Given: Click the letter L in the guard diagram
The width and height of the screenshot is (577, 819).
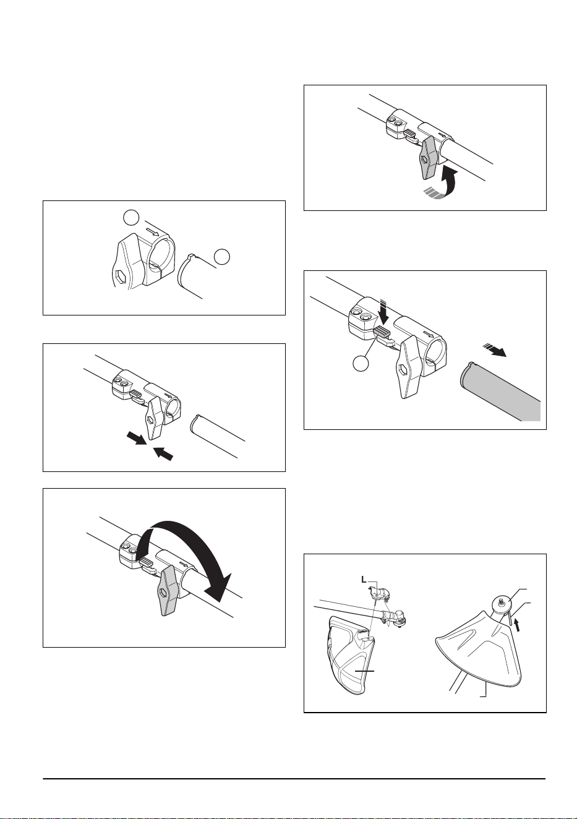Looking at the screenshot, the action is click(363, 580).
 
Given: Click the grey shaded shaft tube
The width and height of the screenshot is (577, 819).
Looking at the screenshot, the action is click(499, 391).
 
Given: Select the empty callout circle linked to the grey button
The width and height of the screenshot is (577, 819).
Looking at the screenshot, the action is click(361, 364).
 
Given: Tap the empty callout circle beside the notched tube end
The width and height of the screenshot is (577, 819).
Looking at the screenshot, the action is click(222, 257).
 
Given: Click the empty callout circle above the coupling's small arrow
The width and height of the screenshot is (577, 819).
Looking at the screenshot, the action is click(130, 218).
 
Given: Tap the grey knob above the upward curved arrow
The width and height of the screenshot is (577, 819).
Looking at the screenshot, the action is click(428, 159).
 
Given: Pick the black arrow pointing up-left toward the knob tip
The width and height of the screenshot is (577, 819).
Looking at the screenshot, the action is click(163, 454).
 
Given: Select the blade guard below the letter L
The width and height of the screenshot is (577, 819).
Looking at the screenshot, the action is click(351, 655).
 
